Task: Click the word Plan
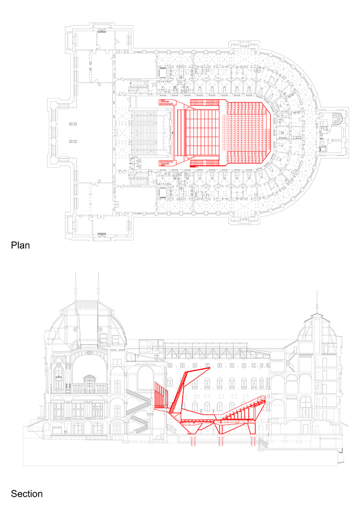click(20, 246)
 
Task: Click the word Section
click(27, 494)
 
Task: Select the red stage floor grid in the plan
click(202, 132)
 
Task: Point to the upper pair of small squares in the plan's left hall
click(73, 124)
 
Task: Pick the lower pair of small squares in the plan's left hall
click(73, 141)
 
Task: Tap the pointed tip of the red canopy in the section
click(210, 367)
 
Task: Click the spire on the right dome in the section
click(317, 302)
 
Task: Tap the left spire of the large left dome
click(75, 286)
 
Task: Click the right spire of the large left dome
click(98, 286)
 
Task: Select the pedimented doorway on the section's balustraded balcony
click(90, 384)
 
